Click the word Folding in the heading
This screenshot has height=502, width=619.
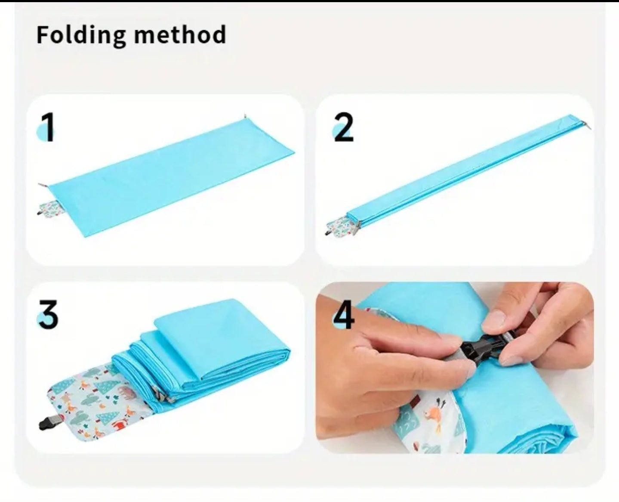pos(81,35)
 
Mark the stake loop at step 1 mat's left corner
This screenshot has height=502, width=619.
pos(43,185)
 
